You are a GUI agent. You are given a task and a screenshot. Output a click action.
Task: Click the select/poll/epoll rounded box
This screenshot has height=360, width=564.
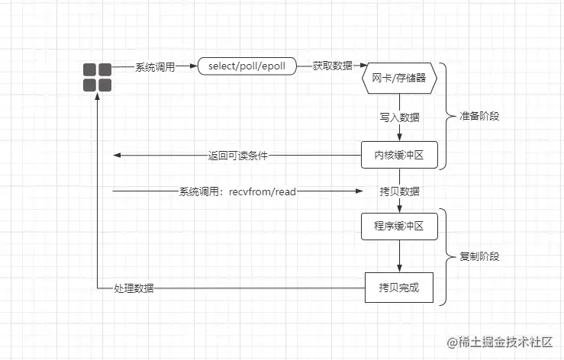pyautogui.click(x=247, y=66)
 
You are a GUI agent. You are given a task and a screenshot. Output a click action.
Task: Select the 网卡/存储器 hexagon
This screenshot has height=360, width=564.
pyautogui.click(x=398, y=78)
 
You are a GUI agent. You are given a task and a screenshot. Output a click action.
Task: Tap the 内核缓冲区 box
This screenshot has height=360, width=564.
pyautogui.click(x=398, y=155)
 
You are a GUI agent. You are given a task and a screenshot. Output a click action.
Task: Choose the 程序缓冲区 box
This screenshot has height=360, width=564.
pyautogui.click(x=398, y=226)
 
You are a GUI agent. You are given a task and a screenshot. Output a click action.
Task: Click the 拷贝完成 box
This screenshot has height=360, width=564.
pyautogui.click(x=398, y=288)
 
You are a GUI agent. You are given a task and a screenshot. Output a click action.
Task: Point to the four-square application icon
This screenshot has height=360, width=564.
pyautogui.click(x=97, y=78)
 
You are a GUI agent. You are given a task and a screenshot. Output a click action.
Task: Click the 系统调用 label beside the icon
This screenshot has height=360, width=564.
pyautogui.click(x=154, y=67)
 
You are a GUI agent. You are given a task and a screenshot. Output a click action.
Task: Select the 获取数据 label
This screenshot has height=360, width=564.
pyautogui.click(x=332, y=66)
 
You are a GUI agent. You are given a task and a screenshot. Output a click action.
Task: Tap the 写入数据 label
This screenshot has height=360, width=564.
pyautogui.click(x=399, y=118)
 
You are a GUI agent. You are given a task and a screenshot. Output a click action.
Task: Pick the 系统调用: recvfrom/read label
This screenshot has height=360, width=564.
pyautogui.click(x=237, y=191)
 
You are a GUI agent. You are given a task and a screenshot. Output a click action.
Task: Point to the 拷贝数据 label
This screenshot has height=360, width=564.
pyautogui.click(x=399, y=191)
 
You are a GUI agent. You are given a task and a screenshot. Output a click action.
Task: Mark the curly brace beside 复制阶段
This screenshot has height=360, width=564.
pyautogui.click(x=448, y=256)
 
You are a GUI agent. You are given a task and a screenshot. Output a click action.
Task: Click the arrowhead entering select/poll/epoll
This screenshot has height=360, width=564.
pyautogui.click(x=194, y=67)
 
